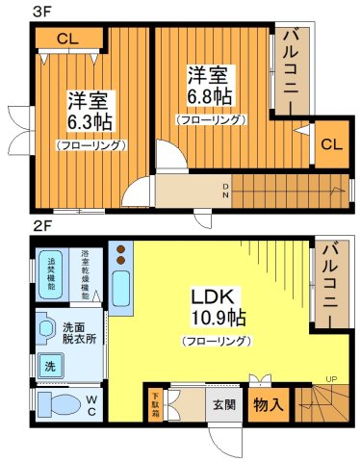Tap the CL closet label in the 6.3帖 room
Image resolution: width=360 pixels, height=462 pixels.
(x=65, y=39)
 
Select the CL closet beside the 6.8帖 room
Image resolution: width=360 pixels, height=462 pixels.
(x=329, y=144)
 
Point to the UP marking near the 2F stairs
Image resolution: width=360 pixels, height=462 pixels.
(x=331, y=377)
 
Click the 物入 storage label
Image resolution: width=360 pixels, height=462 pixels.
(x=268, y=404)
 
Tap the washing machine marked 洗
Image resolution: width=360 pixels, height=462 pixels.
(x=49, y=366)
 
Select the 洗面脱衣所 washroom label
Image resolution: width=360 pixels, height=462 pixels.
(x=78, y=332)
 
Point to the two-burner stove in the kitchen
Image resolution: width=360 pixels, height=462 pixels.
(x=121, y=255)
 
